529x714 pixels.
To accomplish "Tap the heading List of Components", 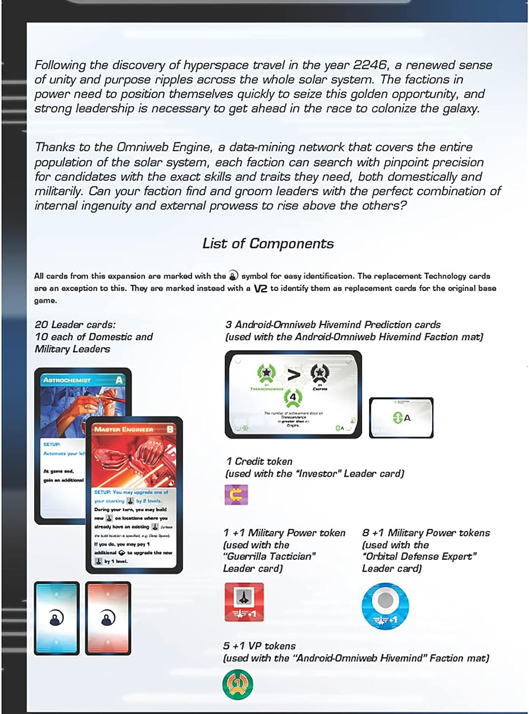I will [268, 244].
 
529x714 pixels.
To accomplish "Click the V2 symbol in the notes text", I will [260, 288].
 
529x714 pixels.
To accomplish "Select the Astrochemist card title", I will [67, 380].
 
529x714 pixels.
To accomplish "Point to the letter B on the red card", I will [170, 429].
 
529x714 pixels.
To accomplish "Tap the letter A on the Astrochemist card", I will [119, 380].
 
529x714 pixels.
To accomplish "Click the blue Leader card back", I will [57, 618].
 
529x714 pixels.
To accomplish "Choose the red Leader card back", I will [108, 618].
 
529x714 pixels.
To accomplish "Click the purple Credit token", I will [236, 495].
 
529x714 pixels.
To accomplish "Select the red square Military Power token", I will [244, 602].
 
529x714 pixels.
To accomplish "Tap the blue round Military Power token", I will [385, 606].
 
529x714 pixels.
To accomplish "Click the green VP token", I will [237, 684].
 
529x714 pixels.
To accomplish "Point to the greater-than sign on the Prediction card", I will [295, 374].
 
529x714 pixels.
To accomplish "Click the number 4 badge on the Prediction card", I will [293, 397].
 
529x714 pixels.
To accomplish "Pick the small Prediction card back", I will [401, 417].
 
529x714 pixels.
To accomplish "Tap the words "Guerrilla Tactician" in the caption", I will [269, 556].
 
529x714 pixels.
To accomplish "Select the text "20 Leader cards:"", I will [75, 325].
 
